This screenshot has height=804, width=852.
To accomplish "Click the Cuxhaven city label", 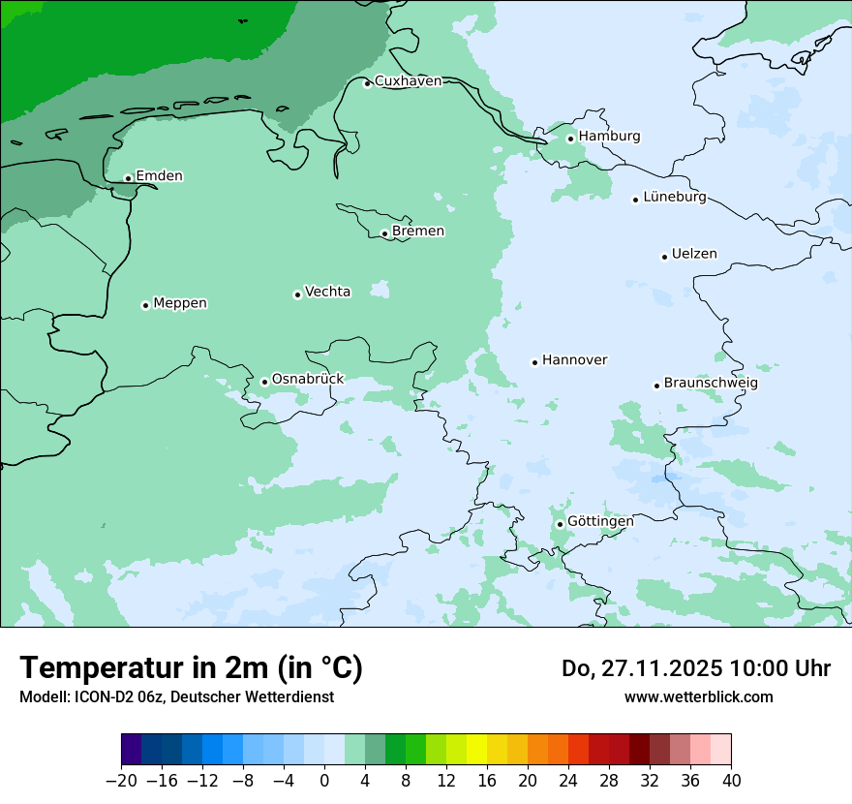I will tap(408, 81).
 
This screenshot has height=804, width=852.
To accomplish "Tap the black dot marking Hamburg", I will tap(571, 139).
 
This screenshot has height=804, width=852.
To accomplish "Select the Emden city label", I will tap(159, 176).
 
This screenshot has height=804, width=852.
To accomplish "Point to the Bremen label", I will tap(418, 232).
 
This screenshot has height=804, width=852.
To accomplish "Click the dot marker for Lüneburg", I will tap(636, 200).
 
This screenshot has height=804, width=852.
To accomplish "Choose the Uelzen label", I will tap(694, 255).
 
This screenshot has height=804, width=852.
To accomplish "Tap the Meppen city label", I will tap(180, 303).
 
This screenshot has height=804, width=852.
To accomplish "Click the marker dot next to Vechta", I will tap(297, 294).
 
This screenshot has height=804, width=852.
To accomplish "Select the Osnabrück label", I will tap(308, 380).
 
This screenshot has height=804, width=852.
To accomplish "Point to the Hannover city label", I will tap(574, 360).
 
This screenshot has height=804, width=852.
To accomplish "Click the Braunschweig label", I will tap(711, 384).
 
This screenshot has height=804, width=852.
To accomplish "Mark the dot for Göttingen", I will tap(560, 524).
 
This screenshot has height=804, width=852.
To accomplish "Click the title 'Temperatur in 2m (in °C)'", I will tap(192, 668).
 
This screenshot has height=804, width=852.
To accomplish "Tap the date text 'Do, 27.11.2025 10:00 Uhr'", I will tap(696, 668).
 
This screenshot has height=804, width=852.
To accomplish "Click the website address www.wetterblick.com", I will tap(699, 696).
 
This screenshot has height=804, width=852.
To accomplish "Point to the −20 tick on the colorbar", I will tap(122, 781).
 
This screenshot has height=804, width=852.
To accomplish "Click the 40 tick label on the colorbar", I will tap(731, 781).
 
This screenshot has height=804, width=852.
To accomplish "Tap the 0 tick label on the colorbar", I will tap(324, 781).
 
